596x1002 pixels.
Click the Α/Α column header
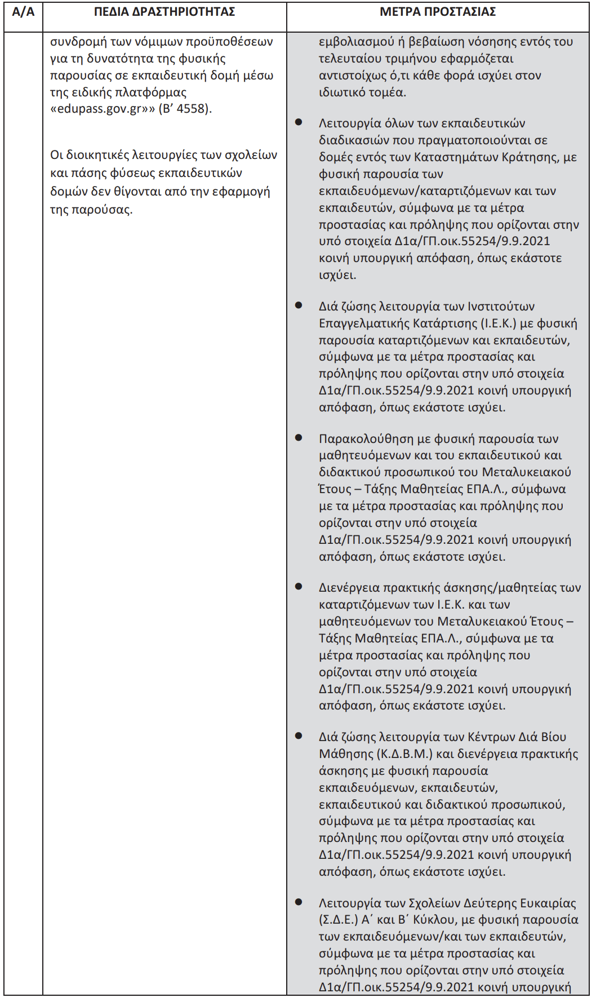pyautogui.click(x=23, y=12)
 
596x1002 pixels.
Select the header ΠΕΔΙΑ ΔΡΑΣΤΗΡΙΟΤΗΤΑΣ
pyautogui.click(x=164, y=12)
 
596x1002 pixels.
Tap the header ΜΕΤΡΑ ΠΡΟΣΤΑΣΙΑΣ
pyautogui.click(x=438, y=12)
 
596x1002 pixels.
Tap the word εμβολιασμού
pyautogui.click(x=357, y=42)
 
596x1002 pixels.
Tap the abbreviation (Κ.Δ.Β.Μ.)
pyautogui.click(x=404, y=754)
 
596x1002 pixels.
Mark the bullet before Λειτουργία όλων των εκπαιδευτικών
pyautogui.click(x=298, y=122)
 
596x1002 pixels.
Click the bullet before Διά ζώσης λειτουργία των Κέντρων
pyautogui.click(x=298, y=736)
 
